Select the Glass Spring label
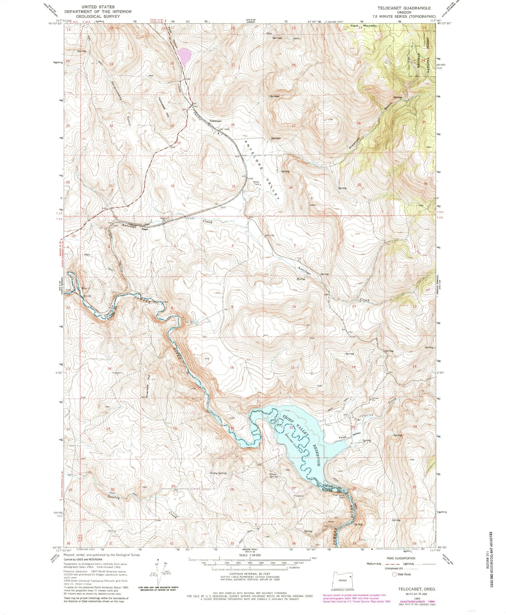[273, 475]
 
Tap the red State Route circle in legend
[394, 574]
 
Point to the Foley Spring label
[218, 473]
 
